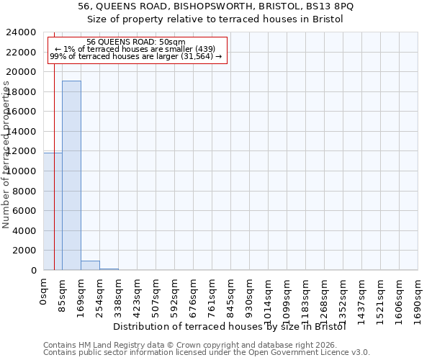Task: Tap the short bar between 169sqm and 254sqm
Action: [x=90, y=265]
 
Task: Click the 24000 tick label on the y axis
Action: [x=21, y=32]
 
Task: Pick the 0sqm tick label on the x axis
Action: [x=44, y=292]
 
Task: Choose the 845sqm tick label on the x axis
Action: [x=231, y=296]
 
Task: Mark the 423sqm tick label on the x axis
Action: [x=138, y=296]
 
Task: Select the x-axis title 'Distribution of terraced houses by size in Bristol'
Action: [x=230, y=326]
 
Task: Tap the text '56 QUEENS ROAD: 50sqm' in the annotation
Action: [x=136, y=42]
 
